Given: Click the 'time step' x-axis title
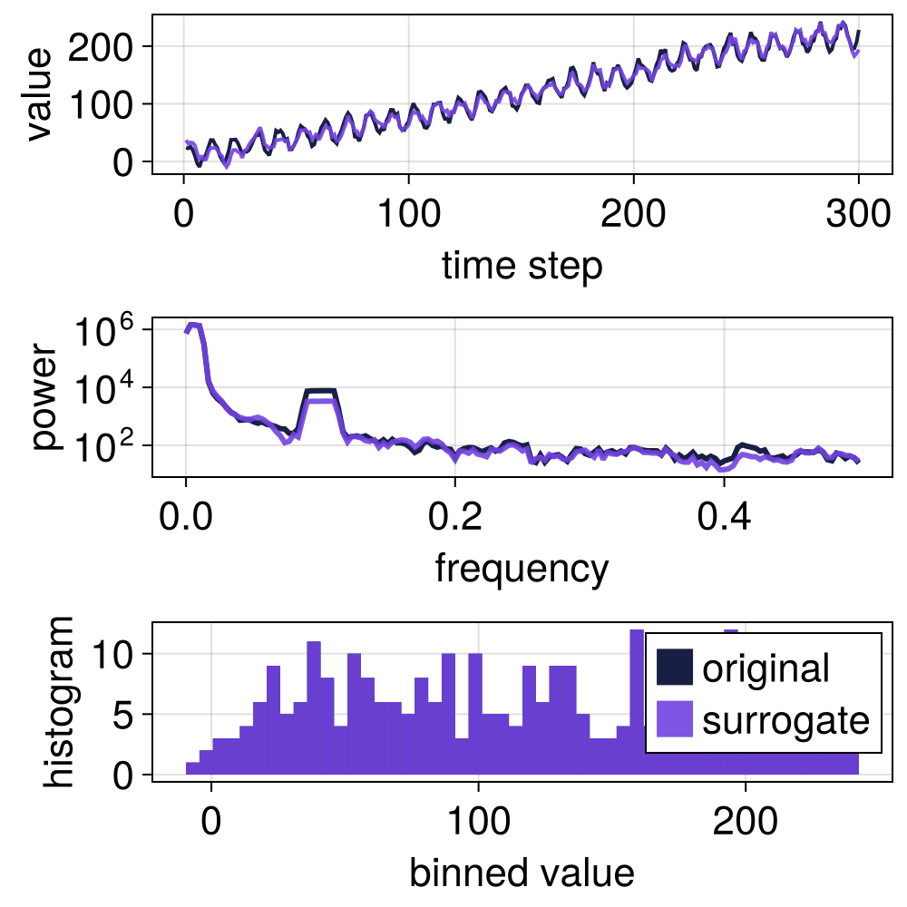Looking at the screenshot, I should [x=521, y=267].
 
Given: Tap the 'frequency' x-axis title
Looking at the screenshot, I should [x=521, y=569].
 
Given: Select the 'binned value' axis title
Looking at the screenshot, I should [x=521, y=873].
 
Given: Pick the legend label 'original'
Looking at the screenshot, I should [x=766, y=668].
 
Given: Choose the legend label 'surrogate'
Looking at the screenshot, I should [x=785, y=720].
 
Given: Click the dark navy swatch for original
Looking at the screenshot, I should [x=674, y=668].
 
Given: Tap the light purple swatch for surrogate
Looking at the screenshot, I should [x=674, y=720].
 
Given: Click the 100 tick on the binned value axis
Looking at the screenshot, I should [x=478, y=823].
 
